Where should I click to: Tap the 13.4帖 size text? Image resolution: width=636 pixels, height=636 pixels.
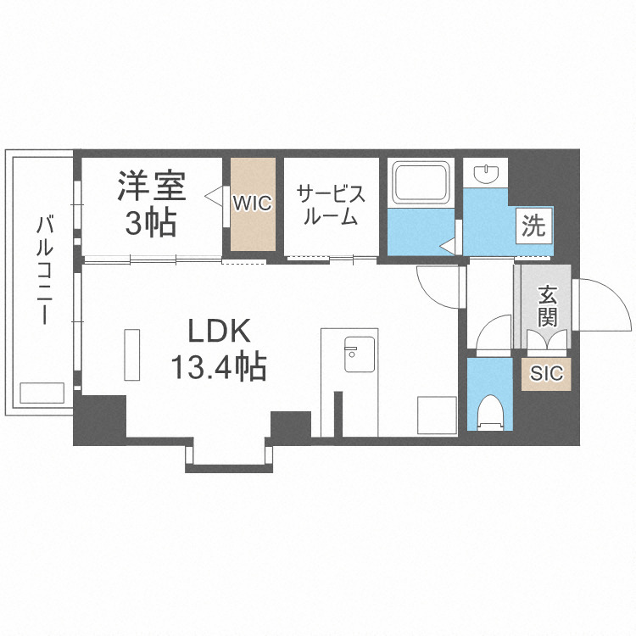(x=219, y=367)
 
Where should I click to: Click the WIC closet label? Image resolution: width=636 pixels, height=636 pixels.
(x=252, y=204)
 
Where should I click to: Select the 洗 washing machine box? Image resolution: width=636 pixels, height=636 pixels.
(x=534, y=226)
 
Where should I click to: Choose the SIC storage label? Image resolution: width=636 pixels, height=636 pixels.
(x=546, y=372)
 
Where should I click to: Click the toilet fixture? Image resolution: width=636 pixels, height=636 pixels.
(x=489, y=410)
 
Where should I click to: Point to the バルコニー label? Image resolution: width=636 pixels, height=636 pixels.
(x=42, y=271)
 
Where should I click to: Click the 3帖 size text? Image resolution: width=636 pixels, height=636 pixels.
(x=151, y=222)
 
